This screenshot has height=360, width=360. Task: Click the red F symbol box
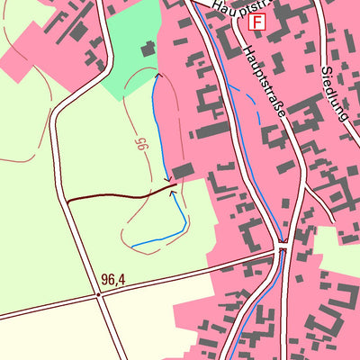tap(259, 21)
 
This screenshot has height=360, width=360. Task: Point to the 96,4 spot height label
tap(113, 280)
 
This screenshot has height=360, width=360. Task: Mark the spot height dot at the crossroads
tap(98, 293)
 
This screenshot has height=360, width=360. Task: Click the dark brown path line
tap(117, 195)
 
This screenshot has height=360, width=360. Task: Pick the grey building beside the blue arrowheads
tap(184, 171)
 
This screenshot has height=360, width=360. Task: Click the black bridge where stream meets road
tap(283, 244)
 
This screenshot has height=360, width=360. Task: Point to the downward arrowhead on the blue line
tap(166, 179)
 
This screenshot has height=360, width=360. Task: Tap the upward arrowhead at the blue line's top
tap(159, 77)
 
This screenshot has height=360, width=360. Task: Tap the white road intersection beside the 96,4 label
tap(98, 293)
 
